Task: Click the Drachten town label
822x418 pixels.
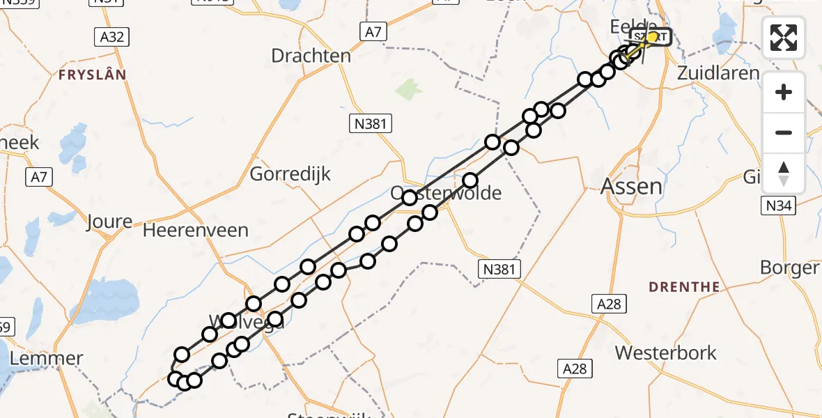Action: pyautogui.click(x=311, y=56)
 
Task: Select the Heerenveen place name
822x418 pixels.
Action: pyautogui.click(x=196, y=230)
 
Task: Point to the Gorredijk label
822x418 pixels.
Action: pyautogui.click(x=290, y=173)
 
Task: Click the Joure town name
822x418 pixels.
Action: pyautogui.click(x=109, y=222)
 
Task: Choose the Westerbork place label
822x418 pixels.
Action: pyautogui.click(x=665, y=353)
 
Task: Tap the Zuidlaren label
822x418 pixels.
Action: pyautogui.click(x=718, y=72)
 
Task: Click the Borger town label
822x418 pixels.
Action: pyautogui.click(x=789, y=268)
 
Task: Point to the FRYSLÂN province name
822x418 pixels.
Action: pyautogui.click(x=92, y=74)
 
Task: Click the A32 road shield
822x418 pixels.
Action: pyautogui.click(x=111, y=36)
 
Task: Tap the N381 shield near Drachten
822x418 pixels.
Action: pyautogui.click(x=371, y=124)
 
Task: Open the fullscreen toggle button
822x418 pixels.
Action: pyautogui.click(x=784, y=38)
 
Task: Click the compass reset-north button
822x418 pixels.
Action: pyautogui.click(x=784, y=173)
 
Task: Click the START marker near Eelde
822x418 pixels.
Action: pyautogui.click(x=651, y=36)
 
